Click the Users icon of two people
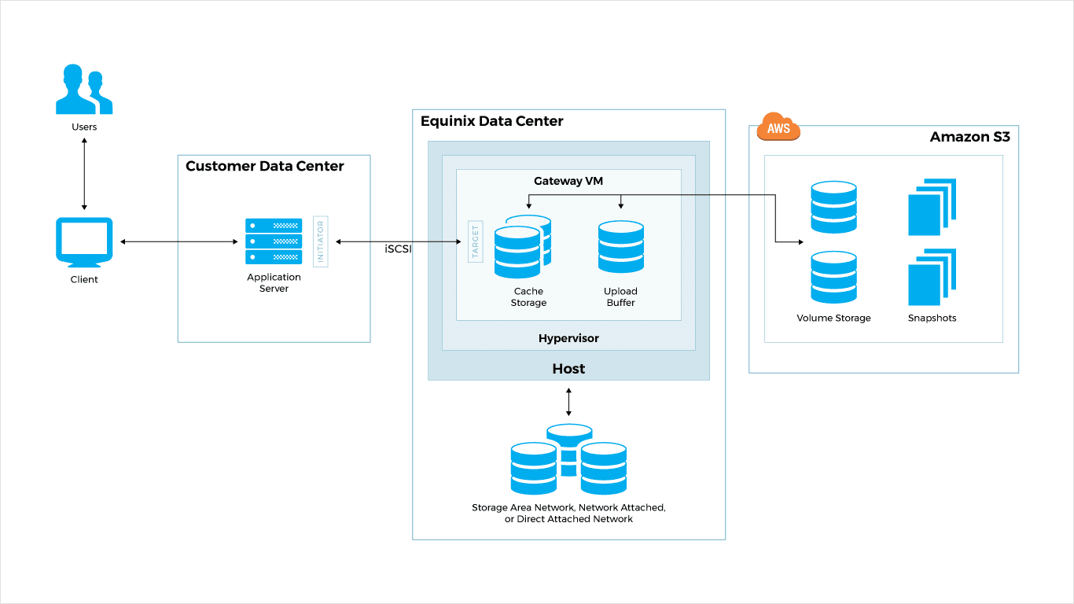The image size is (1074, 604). pyautogui.click(x=84, y=90)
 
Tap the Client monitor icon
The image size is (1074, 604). pyautogui.click(x=84, y=241)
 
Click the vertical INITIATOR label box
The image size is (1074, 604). pyautogui.click(x=320, y=241)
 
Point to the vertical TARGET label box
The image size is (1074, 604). pyautogui.click(x=475, y=241)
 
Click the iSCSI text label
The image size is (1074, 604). pyautogui.click(x=399, y=249)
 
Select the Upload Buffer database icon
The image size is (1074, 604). pyautogui.click(x=620, y=247)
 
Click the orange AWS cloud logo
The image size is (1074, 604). pyautogui.click(x=778, y=127)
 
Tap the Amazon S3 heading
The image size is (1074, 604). pyautogui.click(x=969, y=137)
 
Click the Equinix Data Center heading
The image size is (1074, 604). pyautogui.click(x=491, y=121)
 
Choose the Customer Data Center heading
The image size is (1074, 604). pyautogui.click(x=264, y=166)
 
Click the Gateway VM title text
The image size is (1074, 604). pyautogui.click(x=568, y=181)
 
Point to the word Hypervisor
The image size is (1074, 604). pyautogui.click(x=568, y=338)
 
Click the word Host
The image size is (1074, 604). pyautogui.click(x=568, y=368)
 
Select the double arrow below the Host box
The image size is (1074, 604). pyautogui.click(x=568, y=401)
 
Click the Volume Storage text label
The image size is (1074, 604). pyautogui.click(x=833, y=319)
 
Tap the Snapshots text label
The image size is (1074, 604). pyautogui.click(x=932, y=319)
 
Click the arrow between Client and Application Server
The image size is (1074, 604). pyautogui.click(x=178, y=242)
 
